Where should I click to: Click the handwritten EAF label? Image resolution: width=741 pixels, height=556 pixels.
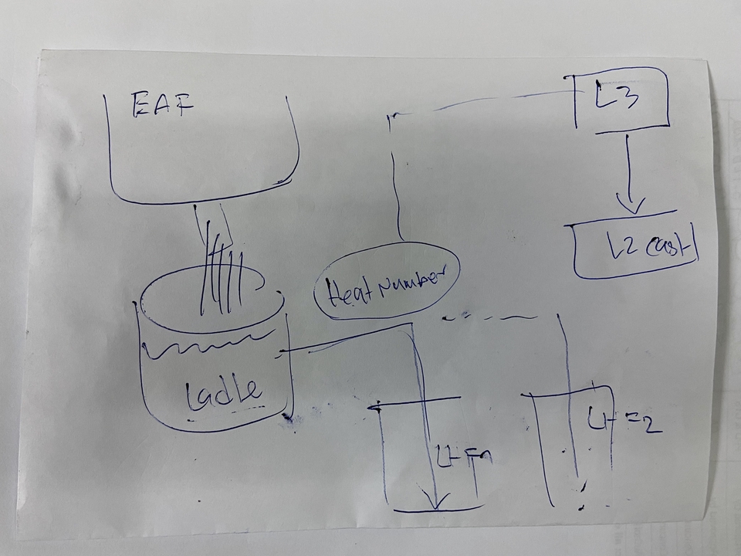point(163,105)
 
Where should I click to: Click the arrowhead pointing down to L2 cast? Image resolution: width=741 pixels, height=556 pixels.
point(631,206)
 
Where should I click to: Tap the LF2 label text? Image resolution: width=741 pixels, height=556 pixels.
point(621,420)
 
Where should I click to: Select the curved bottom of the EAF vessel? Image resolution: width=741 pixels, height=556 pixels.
point(201,199)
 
